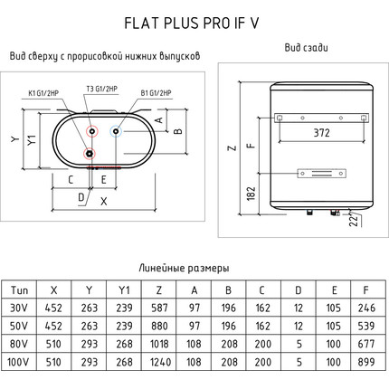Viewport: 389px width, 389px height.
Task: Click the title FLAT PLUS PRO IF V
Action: pos(192,24)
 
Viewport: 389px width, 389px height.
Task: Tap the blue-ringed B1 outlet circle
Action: pos(116,131)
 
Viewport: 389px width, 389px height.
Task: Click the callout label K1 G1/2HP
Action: pos(43,93)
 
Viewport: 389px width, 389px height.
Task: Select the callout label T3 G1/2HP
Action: pos(102,89)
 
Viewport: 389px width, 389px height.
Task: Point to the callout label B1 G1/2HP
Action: pos(156,93)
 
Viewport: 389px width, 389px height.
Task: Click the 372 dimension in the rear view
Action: pos(321,133)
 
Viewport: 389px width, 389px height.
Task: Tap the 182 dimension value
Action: pos(251,193)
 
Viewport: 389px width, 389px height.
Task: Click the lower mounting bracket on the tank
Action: pos(321,174)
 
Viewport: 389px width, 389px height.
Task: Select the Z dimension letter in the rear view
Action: pos(232,148)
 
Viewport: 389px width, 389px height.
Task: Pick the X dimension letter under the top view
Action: pos(103,201)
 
